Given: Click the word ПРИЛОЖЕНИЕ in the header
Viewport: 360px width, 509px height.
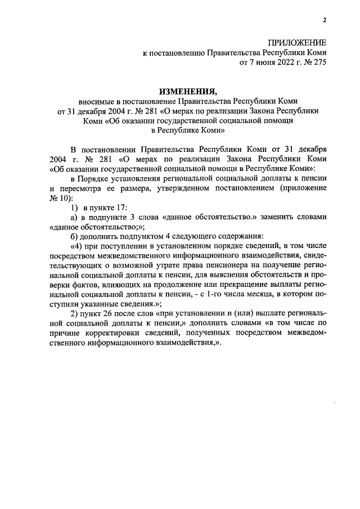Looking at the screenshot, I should [296, 43].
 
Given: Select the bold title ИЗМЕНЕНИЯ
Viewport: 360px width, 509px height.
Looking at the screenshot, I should [187, 91].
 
